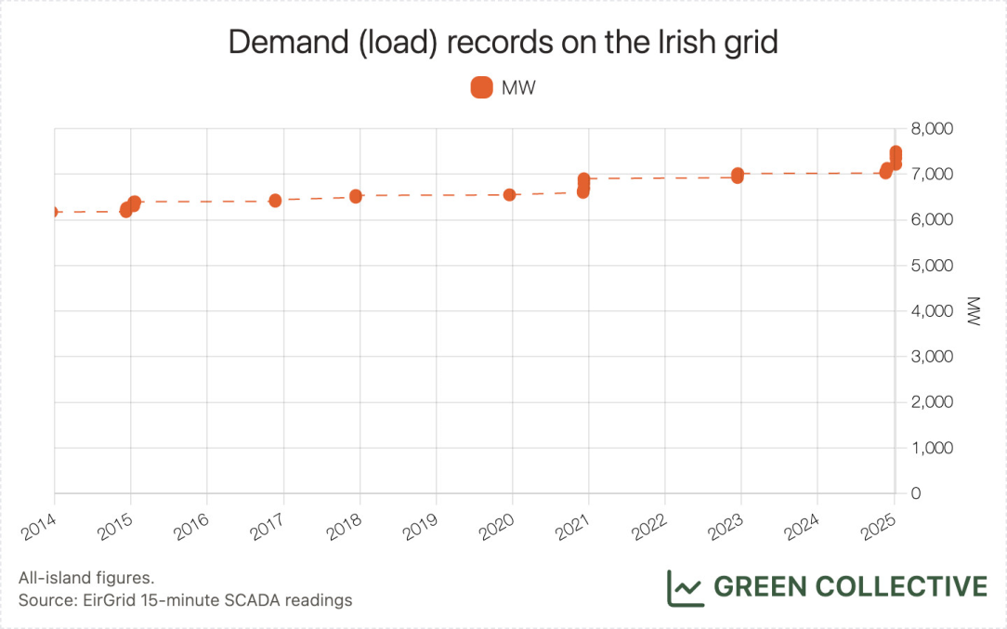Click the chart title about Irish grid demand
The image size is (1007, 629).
[503, 44]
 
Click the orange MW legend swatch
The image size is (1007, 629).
[482, 87]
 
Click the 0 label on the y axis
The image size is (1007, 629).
[915, 493]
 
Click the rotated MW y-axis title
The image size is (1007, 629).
[974, 311]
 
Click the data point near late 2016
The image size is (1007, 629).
[275, 201]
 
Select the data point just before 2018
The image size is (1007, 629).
[356, 196]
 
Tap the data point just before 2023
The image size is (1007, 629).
[738, 175]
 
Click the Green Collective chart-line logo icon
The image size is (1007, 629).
[685, 587]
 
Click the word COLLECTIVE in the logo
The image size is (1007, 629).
[901, 587]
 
